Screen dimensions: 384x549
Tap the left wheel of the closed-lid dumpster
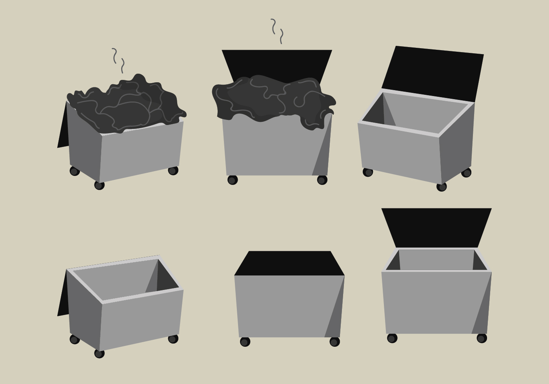tap(245, 342)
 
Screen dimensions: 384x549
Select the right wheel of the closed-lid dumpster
tap(334, 342)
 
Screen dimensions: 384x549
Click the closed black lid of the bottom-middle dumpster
tap(289, 264)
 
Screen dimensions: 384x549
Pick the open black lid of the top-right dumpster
tap(433, 72)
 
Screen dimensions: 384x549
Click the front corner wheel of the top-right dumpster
tap(442, 187)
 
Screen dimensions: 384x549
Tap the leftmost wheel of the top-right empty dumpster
tap(367, 172)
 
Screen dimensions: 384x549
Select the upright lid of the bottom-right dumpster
tap(436, 227)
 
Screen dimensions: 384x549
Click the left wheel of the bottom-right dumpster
tap(392, 338)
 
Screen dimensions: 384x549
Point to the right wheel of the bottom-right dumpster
tap(482, 338)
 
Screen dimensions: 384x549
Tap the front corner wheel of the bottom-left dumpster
tap(99, 353)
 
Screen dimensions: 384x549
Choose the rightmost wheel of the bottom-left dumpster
tap(173, 339)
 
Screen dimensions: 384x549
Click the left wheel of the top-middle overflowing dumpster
tap(233, 180)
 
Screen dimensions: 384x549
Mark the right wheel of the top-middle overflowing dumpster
tap(322, 180)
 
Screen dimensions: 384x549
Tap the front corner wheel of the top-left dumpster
tap(99, 185)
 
